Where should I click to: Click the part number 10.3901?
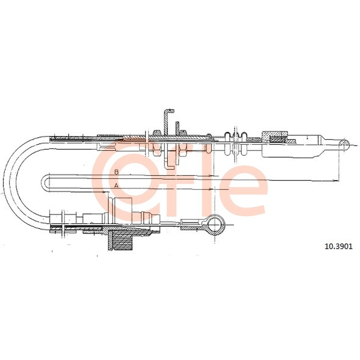(x=338, y=247)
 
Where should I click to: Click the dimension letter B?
(x=117, y=172)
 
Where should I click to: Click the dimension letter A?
(x=116, y=185)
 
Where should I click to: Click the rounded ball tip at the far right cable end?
(x=344, y=144)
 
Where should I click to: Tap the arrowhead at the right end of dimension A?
(x=211, y=189)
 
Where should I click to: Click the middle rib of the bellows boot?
(x=234, y=144)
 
